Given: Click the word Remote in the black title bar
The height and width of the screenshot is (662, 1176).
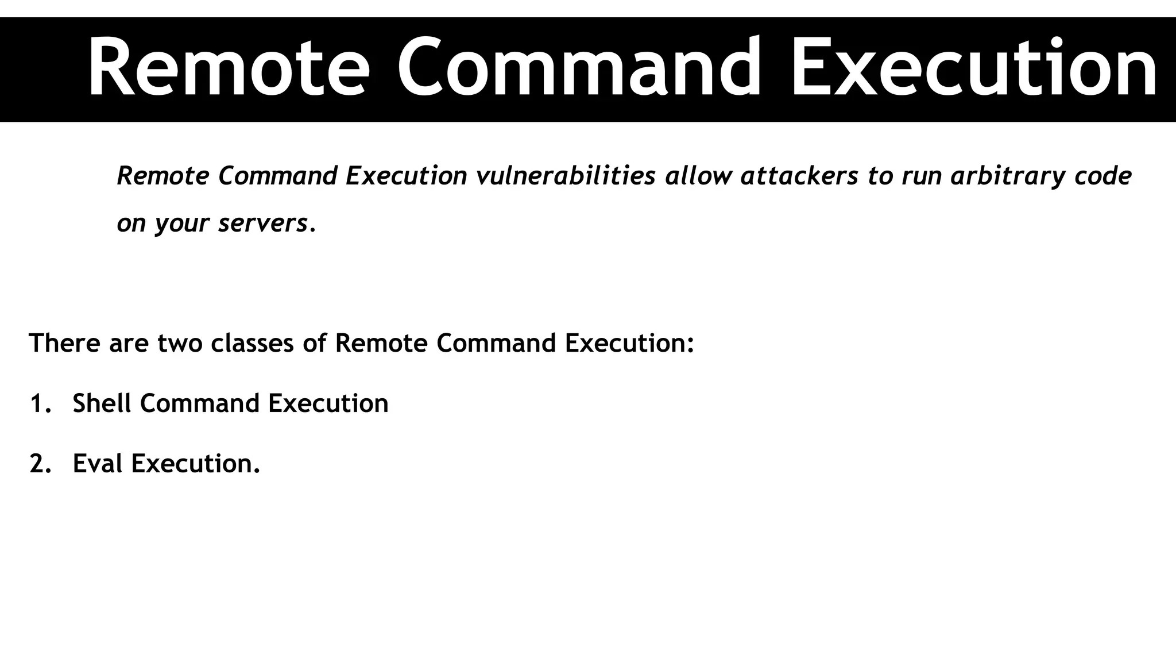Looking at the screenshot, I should [229, 68].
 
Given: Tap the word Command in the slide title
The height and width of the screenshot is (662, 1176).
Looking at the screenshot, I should [579, 68].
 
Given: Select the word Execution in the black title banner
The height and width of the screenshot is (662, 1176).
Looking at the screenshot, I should [974, 68].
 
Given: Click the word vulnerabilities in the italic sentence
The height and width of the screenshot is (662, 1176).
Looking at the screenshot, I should [566, 176].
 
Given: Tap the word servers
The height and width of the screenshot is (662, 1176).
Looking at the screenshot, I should [264, 224].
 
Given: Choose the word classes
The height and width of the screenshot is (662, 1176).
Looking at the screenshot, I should [252, 343].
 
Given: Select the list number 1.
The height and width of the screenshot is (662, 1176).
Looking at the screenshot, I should [38, 403].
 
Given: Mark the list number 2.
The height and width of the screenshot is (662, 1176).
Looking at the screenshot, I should [38, 464].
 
